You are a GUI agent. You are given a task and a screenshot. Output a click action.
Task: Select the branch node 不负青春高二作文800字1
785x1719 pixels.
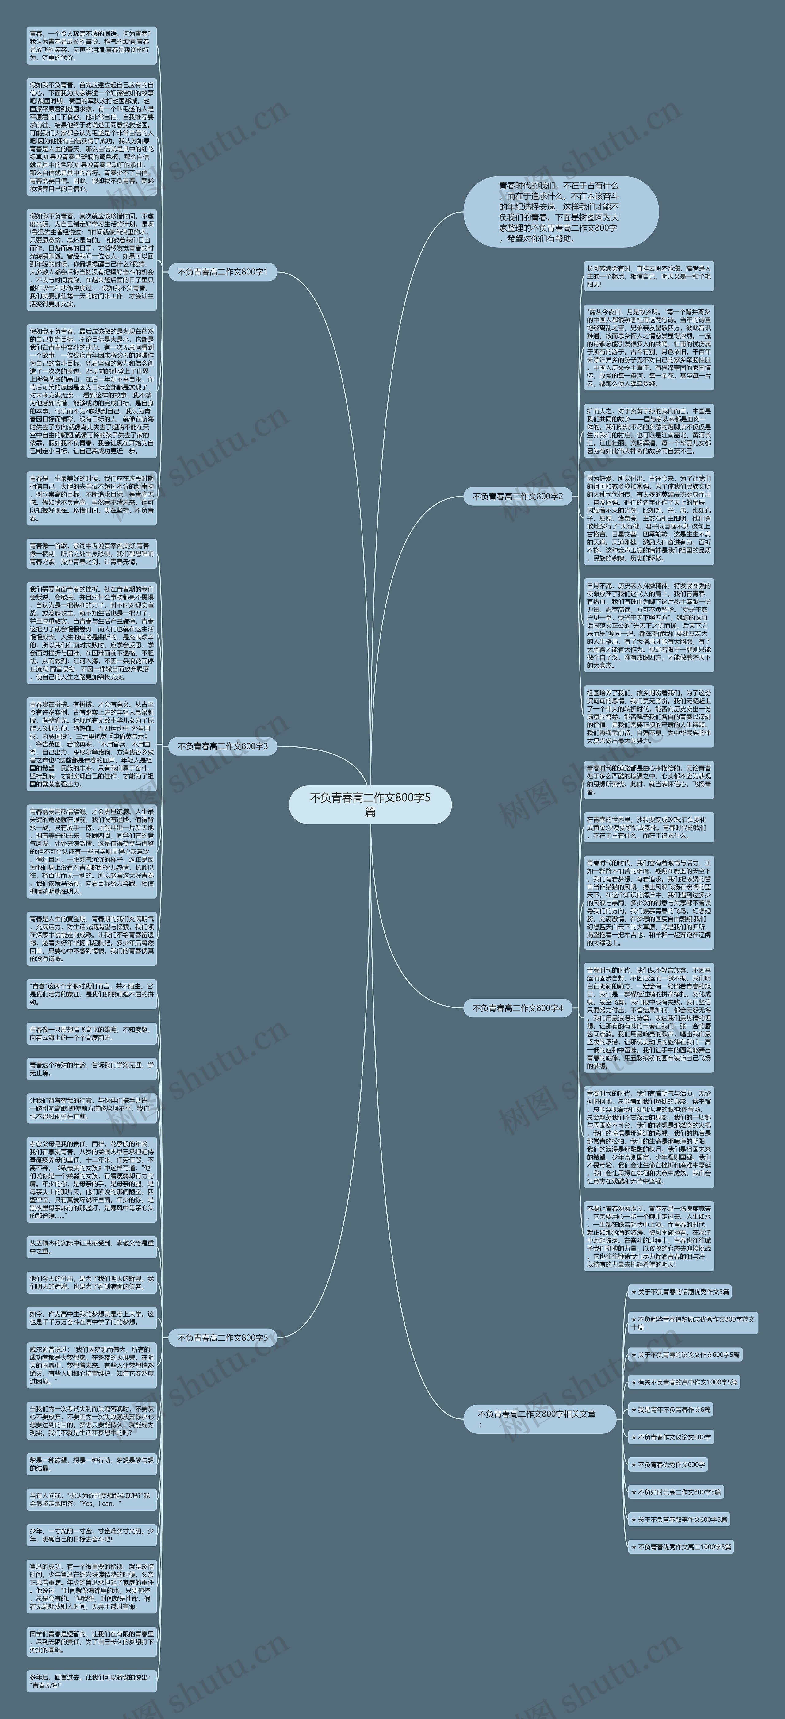coord(222,272)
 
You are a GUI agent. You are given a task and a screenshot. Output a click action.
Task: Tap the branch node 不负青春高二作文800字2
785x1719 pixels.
coord(518,497)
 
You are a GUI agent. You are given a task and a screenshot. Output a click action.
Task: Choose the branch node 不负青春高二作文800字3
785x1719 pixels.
coord(222,746)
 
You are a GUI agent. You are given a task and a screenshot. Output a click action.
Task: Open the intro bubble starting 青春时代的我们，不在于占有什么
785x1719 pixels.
coord(560,212)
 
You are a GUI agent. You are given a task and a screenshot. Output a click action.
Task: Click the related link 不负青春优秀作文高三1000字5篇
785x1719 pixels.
coord(680,1547)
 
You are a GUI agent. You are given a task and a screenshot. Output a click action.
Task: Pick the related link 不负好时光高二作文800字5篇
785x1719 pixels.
coord(676,1492)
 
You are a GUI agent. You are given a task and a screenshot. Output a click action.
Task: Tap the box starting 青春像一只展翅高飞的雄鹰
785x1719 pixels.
coord(91,1034)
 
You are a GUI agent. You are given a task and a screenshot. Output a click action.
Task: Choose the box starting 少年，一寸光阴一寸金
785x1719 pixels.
coord(91,1535)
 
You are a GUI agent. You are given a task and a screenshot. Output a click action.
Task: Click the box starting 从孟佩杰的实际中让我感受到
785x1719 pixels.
coord(91,1247)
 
